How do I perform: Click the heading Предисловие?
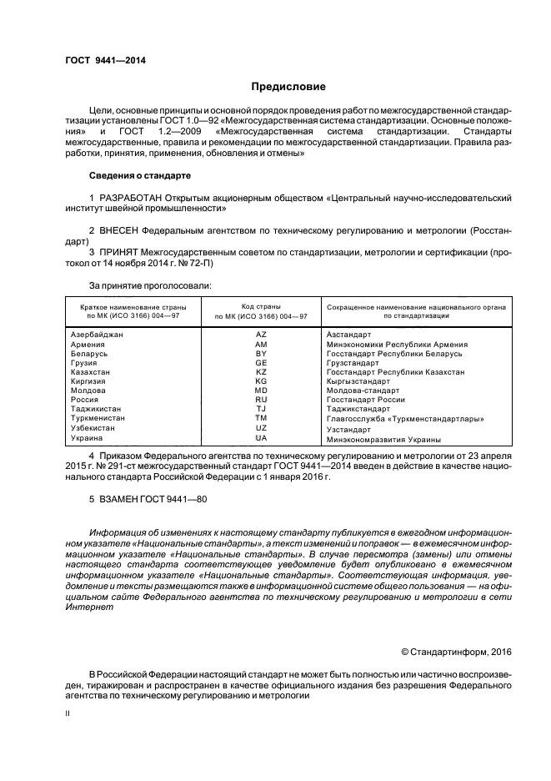coord(288,87)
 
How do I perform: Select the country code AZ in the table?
coord(261,334)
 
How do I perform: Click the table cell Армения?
coord(88,344)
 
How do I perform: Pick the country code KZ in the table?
coord(261,371)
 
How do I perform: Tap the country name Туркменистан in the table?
coord(98,418)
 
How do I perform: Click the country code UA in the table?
coord(261,437)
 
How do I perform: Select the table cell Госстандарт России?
coord(365,400)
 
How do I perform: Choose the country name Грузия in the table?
coord(85,363)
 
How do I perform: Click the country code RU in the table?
coord(261,400)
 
